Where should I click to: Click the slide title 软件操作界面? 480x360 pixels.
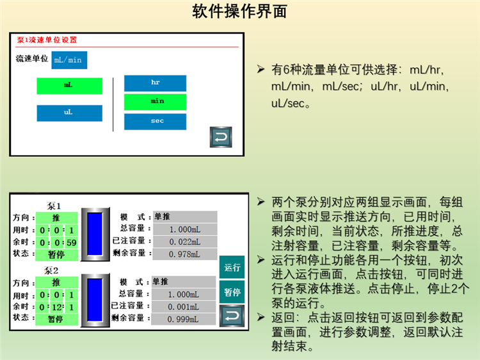click(240, 12)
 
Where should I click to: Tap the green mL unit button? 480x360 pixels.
click(70, 86)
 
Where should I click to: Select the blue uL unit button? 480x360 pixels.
click(70, 113)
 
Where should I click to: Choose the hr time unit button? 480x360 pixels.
click(156, 83)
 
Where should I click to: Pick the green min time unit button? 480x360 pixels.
click(156, 102)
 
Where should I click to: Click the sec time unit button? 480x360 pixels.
click(156, 122)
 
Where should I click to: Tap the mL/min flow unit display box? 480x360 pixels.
click(69, 60)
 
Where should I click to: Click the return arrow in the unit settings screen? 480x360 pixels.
click(221, 137)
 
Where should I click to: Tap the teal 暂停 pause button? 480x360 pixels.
click(232, 292)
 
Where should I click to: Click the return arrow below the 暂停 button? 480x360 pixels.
click(232, 316)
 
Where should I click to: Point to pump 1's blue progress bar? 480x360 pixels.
click(95, 234)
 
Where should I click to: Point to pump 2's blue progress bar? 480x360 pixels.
click(95, 300)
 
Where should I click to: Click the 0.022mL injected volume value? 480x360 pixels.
click(185, 241)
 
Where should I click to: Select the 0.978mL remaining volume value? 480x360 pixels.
click(185, 254)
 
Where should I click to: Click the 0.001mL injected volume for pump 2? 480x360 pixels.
click(184, 307)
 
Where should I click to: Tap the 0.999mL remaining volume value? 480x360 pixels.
click(184, 319)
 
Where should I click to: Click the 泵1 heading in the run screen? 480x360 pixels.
click(54, 206)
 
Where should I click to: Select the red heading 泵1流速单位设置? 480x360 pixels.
click(47, 40)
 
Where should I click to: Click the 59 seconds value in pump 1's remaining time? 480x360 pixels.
click(71, 243)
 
